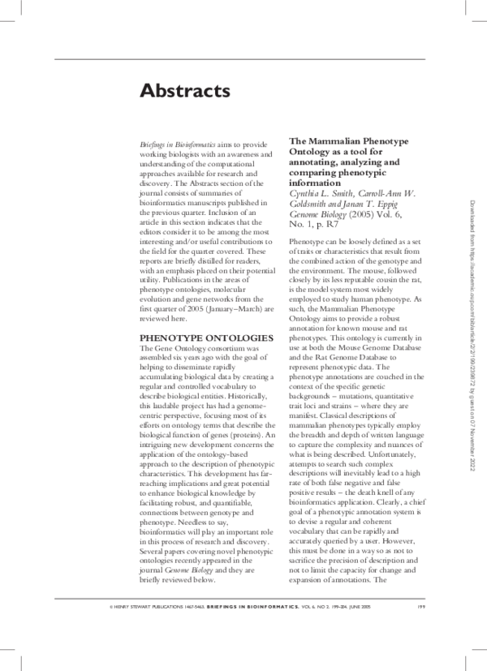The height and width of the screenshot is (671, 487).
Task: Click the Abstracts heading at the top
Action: tap(185, 90)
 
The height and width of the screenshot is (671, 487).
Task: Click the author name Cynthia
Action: tap(305, 193)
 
